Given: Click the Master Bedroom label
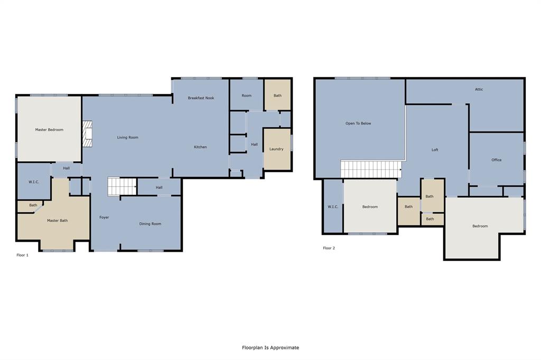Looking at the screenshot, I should pyautogui.click(x=49, y=129).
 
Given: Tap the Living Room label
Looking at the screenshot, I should pyautogui.click(x=127, y=137).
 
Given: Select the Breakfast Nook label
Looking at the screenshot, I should pyautogui.click(x=201, y=98).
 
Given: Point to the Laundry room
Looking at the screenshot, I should pyautogui.click(x=276, y=149).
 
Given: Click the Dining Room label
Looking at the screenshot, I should pyautogui.click(x=150, y=224).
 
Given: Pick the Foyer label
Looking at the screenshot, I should pyautogui.click(x=104, y=217).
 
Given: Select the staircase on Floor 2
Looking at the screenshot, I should pyautogui.click(x=370, y=170).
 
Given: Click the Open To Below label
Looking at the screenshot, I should pyautogui.click(x=358, y=123).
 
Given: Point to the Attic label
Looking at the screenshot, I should pyautogui.click(x=479, y=89).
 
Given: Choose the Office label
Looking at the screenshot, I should pyautogui.click(x=496, y=160).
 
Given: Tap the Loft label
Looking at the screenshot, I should pyautogui.click(x=435, y=150).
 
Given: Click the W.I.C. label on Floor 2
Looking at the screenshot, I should pyautogui.click(x=333, y=206).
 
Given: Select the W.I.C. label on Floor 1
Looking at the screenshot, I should pyautogui.click(x=34, y=182).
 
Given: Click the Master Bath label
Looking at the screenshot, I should pyautogui.click(x=57, y=221).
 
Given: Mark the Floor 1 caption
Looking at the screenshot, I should pyautogui.click(x=22, y=255).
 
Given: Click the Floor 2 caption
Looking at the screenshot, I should pyautogui.click(x=329, y=248).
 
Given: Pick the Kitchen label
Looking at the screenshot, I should pyautogui.click(x=200, y=147).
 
